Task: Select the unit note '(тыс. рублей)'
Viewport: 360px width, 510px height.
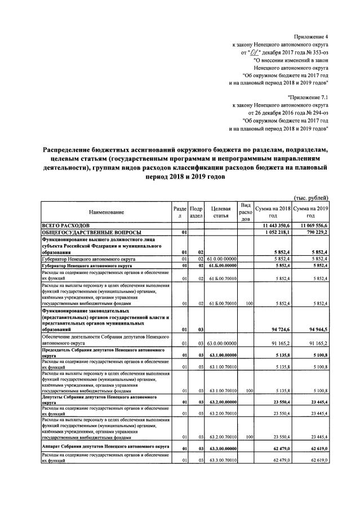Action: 312,197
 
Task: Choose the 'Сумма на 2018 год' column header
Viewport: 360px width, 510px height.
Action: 273,212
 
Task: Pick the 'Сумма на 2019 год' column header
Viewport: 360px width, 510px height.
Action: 310,212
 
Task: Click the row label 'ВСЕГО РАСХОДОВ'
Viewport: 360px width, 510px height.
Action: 65,225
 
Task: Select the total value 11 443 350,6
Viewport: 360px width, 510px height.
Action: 274,225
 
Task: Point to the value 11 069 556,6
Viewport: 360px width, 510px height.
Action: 312,225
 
